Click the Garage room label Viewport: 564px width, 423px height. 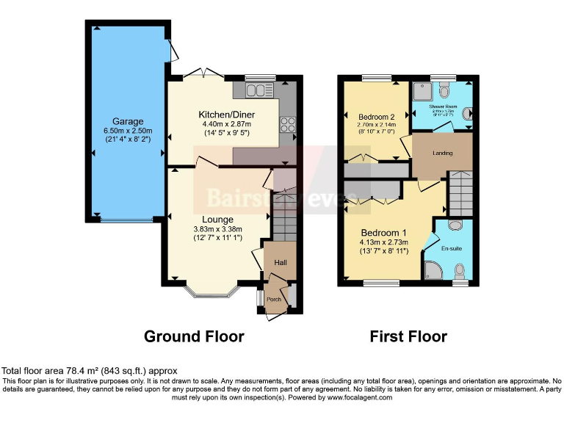128,121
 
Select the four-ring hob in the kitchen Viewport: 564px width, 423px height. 286,126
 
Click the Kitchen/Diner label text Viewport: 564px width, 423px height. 226,115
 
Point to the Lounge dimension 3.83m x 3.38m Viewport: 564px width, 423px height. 218,228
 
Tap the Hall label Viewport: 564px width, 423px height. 281,263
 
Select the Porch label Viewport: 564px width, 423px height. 274,299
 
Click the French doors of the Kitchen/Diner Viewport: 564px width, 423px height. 203,74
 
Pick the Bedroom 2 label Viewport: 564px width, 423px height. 377,117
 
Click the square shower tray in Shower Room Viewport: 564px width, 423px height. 422,91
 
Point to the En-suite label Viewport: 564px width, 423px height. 452,249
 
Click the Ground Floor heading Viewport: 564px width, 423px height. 194,336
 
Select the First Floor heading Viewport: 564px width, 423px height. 408,336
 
